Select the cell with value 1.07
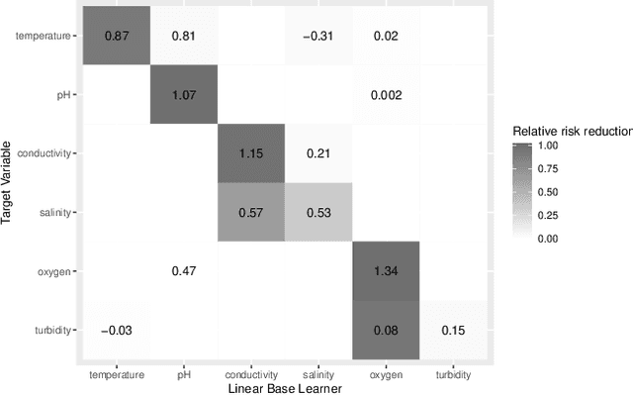184,95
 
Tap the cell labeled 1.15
251,153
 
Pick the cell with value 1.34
387,270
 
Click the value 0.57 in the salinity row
251,212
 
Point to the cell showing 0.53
318,212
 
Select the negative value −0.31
318,36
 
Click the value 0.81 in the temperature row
184,36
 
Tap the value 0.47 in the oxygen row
184,270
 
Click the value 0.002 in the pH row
387,95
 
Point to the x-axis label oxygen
387,374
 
